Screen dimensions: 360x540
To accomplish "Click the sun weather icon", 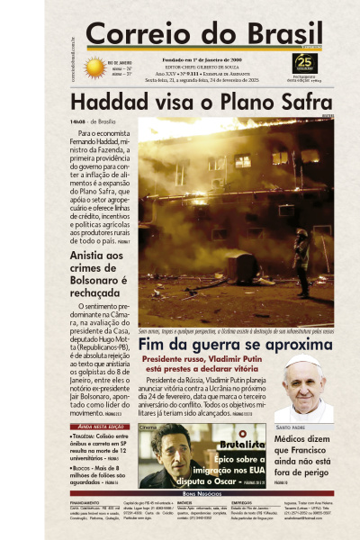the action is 94,67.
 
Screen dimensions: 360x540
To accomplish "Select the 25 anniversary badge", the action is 305,63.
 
